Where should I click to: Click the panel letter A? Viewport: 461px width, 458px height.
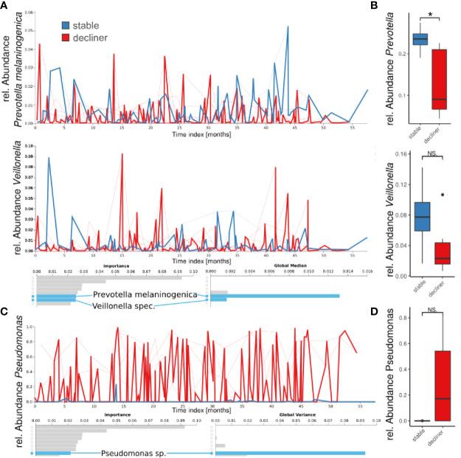click(x=7, y=6)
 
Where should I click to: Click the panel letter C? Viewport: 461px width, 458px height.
click(x=7, y=312)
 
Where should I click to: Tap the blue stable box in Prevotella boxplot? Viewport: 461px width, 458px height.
click(x=420, y=39)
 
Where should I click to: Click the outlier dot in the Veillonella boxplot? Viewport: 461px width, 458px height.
click(x=443, y=195)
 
